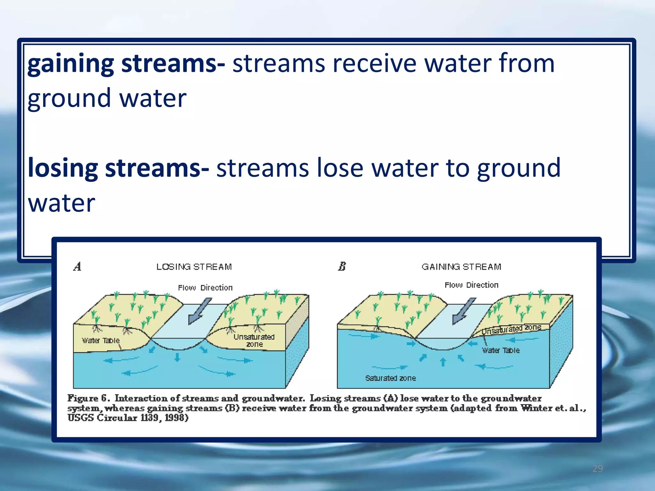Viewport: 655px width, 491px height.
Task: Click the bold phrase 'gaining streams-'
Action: (126, 63)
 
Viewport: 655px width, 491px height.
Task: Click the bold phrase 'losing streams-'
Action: (118, 168)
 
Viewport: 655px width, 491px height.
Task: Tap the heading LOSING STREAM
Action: (194, 267)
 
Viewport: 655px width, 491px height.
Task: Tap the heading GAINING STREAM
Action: (461, 267)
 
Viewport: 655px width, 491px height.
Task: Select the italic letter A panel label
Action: (77, 266)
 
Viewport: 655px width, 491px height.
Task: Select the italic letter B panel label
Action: (342, 266)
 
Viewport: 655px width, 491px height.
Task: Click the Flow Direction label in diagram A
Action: (205, 288)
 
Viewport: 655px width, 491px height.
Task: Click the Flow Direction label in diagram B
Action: (471, 285)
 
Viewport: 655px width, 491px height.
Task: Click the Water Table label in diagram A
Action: (100, 340)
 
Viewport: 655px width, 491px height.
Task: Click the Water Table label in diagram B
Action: (501, 350)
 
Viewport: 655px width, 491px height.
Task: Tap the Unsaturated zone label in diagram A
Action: (254, 340)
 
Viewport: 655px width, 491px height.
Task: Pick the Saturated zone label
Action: (390, 378)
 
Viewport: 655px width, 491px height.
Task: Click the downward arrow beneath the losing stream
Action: (177, 357)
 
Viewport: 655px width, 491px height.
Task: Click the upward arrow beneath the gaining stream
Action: (443, 362)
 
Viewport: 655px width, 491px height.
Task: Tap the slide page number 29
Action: (597, 469)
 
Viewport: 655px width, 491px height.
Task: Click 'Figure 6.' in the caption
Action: (88, 398)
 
